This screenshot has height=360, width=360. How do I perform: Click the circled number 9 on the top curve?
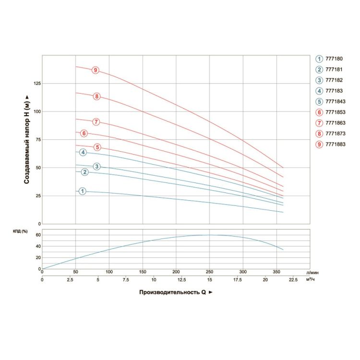pos(96,71)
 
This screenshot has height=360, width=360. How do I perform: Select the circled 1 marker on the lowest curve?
pos(83,191)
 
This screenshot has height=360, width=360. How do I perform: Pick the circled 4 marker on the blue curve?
pos(83,153)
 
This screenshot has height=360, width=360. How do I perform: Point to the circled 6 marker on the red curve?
pos(84,133)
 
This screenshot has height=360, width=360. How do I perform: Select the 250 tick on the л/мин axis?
pos(209,272)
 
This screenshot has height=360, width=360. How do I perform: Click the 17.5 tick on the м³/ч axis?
pos(243,280)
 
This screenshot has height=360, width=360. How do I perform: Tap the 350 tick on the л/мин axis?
pos(276,272)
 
